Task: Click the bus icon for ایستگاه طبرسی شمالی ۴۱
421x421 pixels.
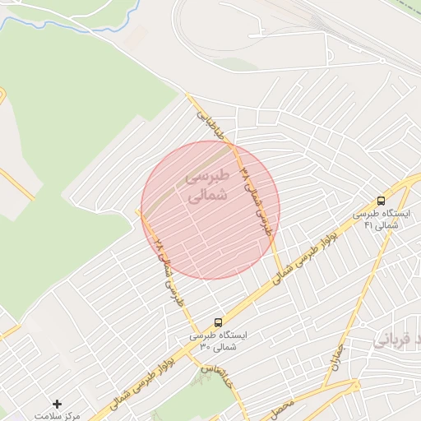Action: pyautogui.click(x=381, y=200)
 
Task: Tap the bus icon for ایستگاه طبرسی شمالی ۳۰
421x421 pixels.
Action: pyautogui.click(x=219, y=322)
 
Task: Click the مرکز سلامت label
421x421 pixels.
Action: pyautogui.click(x=57, y=416)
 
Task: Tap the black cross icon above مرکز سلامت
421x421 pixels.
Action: pyautogui.click(x=57, y=404)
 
